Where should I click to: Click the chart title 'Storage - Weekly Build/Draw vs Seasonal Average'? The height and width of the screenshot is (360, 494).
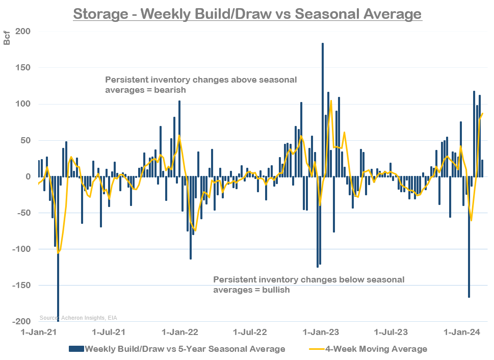(247, 13)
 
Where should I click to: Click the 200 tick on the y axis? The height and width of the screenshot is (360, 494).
(23, 32)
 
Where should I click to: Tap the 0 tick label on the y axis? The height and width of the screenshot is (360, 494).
(28, 176)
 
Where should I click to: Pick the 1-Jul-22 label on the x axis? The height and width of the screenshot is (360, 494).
(250, 332)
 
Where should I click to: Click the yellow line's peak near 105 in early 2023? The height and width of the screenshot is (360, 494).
(331, 101)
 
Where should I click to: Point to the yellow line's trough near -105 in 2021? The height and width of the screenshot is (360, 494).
(58, 252)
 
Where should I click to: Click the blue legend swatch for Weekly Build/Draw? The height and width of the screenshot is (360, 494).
(75, 349)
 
